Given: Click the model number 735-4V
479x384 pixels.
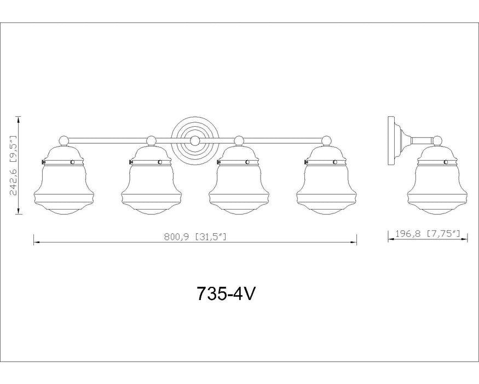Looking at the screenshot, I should (x=226, y=295).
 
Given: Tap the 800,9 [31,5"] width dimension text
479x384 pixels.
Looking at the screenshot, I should (x=195, y=236).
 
